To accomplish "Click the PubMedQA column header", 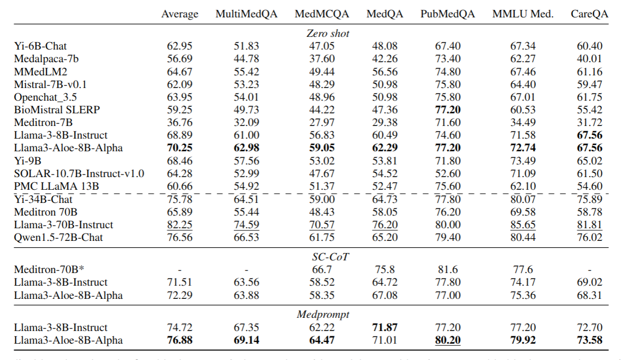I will point(447,14).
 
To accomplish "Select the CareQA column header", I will point(589,14).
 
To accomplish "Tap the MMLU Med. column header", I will point(523,14).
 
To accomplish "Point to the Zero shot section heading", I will point(328,33).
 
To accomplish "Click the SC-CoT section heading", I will point(328,257).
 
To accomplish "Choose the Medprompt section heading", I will point(328,315).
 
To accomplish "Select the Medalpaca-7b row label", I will point(46,59).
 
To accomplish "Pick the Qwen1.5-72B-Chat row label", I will point(59,237).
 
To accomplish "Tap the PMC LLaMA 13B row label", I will point(56,186).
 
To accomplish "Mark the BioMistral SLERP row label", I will point(56,110).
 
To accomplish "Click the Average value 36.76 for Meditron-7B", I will point(179,122).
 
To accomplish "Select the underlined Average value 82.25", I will point(179,225).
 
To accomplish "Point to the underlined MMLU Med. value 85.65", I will point(523,225).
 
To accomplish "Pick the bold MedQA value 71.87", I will point(384,327).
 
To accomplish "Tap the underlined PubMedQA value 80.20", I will point(447,340).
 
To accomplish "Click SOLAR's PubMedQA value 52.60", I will point(447,173).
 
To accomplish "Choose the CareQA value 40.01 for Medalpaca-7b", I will point(589,59).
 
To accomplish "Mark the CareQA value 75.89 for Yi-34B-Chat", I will point(589,199).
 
